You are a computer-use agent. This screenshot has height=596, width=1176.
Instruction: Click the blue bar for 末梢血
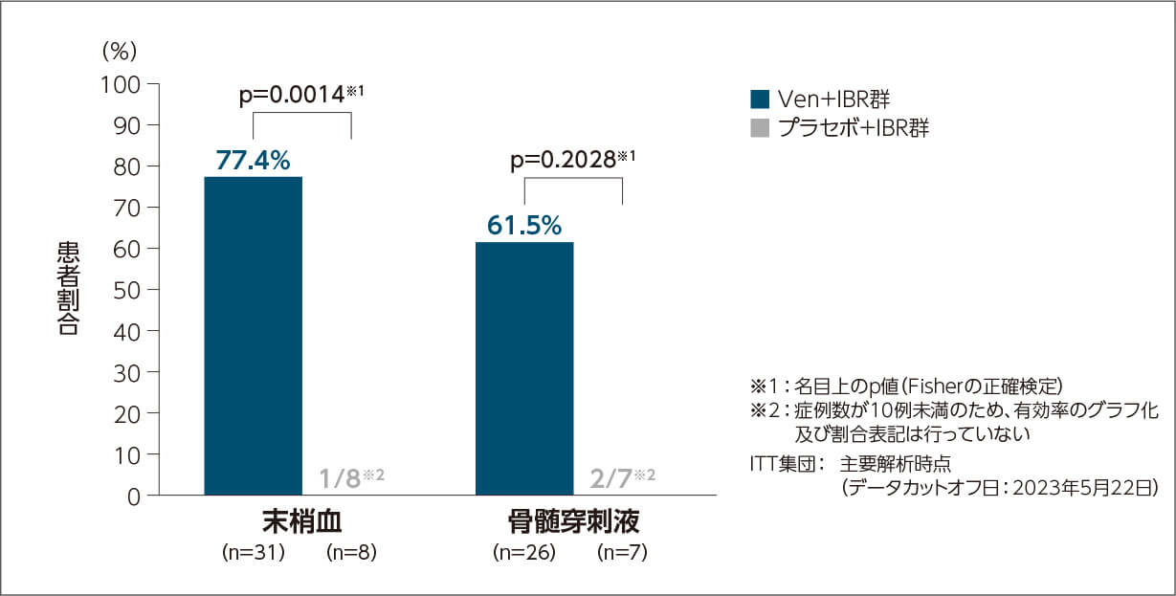254,335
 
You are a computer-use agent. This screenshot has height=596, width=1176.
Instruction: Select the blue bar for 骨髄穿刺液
524,368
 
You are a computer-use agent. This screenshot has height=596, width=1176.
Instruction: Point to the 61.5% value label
524,226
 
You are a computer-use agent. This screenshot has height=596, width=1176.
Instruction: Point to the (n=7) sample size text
622,552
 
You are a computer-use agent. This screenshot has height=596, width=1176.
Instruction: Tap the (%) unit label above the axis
121,49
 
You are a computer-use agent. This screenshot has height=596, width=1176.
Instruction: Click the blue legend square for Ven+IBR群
760,99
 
